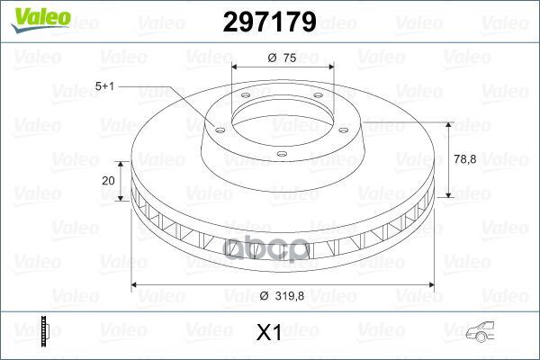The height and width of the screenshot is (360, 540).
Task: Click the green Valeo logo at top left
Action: point(40,19)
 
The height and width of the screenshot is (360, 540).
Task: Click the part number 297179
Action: point(270,22)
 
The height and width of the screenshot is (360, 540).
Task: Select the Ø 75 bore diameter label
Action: point(282,58)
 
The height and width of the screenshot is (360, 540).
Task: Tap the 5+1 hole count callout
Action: point(104,86)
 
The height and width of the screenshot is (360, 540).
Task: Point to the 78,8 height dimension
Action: point(465,159)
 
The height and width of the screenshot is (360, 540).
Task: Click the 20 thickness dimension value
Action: point(108,181)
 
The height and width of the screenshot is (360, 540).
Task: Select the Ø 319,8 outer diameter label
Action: point(282,296)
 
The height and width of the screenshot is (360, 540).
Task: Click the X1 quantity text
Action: point(269,333)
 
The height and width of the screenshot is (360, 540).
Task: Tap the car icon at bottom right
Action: point(480,331)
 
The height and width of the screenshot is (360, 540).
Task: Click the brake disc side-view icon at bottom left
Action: point(45,331)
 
